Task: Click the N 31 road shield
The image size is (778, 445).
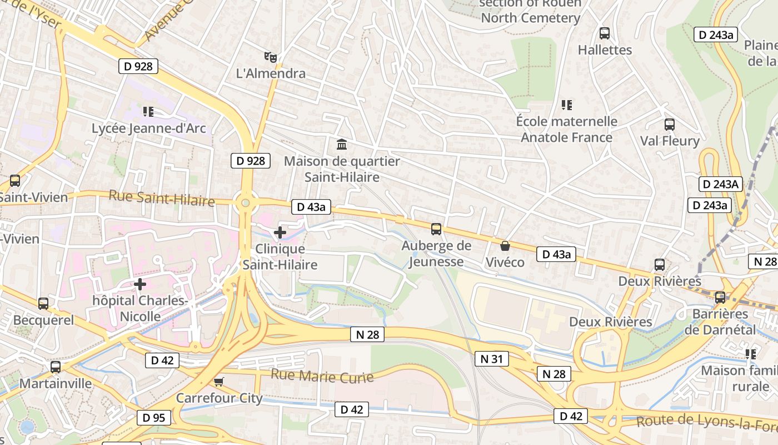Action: pyautogui.click(x=491, y=359)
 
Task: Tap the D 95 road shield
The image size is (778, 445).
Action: pyautogui.click(x=154, y=418)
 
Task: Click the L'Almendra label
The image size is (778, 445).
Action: pyautogui.click(x=271, y=73)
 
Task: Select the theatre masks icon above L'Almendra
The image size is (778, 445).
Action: pyautogui.click(x=271, y=57)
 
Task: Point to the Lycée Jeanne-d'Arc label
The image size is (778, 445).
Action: pyautogui.click(x=148, y=128)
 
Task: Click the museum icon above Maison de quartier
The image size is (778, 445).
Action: pyautogui.click(x=342, y=145)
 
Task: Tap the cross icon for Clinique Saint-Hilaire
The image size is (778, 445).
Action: pyautogui.click(x=280, y=233)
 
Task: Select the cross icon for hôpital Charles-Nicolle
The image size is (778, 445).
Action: pyautogui.click(x=140, y=285)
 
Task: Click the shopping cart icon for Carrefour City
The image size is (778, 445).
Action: pyautogui.click(x=218, y=382)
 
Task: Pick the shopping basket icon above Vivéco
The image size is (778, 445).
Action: pyautogui.click(x=505, y=245)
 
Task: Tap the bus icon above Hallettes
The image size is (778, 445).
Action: pyautogui.click(x=605, y=33)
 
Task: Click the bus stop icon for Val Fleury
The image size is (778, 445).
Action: pyautogui.click(x=670, y=125)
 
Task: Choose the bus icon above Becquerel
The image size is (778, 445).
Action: pyautogui.click(x=43, y=304)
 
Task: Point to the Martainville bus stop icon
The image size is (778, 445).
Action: pyautogui.click(x=56, y=367)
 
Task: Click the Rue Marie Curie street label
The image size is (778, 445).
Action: pyautogui.click(x=322, y=376)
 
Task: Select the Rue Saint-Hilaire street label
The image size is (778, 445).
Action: pyautogui.click(x=162, y=197)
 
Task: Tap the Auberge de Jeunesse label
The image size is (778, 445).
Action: pyautogui.click(x=436, y=254)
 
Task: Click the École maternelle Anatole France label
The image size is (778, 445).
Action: pyautogui.click(x=566, y=129)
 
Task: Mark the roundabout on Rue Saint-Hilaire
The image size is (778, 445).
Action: pyautogui.click(x=245, y=203)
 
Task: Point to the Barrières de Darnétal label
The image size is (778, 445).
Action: pyautogui.click(x=720, y=322)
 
